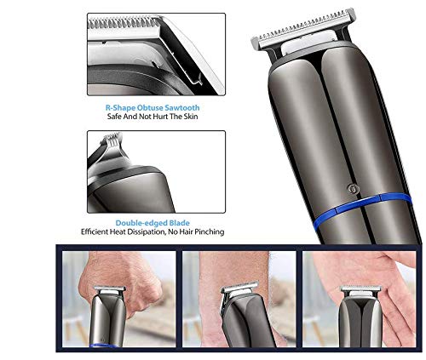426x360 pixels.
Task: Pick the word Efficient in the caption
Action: (100, 231)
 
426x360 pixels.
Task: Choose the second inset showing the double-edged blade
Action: (155, 169)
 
